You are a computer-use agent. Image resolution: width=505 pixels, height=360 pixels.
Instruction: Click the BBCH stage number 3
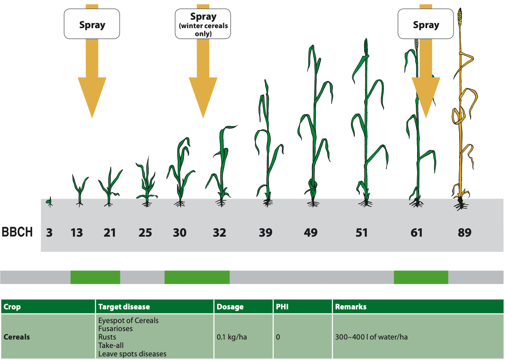pyautogui.click(x=49, y=233)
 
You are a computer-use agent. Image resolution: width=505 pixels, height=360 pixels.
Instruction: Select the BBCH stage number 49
pyautogui.click(x=311, y=233)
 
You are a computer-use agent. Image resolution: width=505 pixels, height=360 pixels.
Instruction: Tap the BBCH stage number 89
pyautogui.click(x=464, y=233)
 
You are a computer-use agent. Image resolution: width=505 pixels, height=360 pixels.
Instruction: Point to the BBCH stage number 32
pyautogui.click(x=219, y=233)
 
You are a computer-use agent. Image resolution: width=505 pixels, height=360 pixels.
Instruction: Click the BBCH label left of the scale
pyautogui.click(x=18, y=233)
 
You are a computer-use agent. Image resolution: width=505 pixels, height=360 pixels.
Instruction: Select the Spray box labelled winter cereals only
pyautogui.click(x=203, y=25)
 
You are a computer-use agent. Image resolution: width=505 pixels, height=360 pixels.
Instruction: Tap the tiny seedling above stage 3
pyautogui.click(x=49, y=200)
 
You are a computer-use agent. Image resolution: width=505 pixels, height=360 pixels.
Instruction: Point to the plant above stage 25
pyautogui.click(x=146, y=183)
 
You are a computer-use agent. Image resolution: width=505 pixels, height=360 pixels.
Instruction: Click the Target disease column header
pyautogui.click(x=124, y=307)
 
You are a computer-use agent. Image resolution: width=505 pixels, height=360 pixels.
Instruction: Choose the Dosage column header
pyautogui.click(x=230, y=307)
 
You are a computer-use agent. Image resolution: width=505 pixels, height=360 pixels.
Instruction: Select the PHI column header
pyautogui.click(x=282, y=307)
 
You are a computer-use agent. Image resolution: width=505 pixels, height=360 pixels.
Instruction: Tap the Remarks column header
pyautogui.click(x=350, y=307)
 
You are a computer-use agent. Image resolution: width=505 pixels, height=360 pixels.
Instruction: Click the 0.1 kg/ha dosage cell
pyautogui.click(x=232, y=337)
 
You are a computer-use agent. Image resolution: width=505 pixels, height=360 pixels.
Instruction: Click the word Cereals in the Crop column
pyautogui.click(x=16, y=337)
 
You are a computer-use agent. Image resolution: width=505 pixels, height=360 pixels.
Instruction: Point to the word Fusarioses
pyautogui.click(x=115, y=329)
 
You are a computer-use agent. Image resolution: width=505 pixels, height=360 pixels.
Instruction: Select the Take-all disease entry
pyautogui.click(x=111, y=345)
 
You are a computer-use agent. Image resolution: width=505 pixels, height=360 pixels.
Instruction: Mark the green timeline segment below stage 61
pyautogui.click(x=421, y=277)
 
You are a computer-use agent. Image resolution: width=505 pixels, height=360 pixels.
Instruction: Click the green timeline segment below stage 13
pyautogui.click(x=95, y=277)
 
